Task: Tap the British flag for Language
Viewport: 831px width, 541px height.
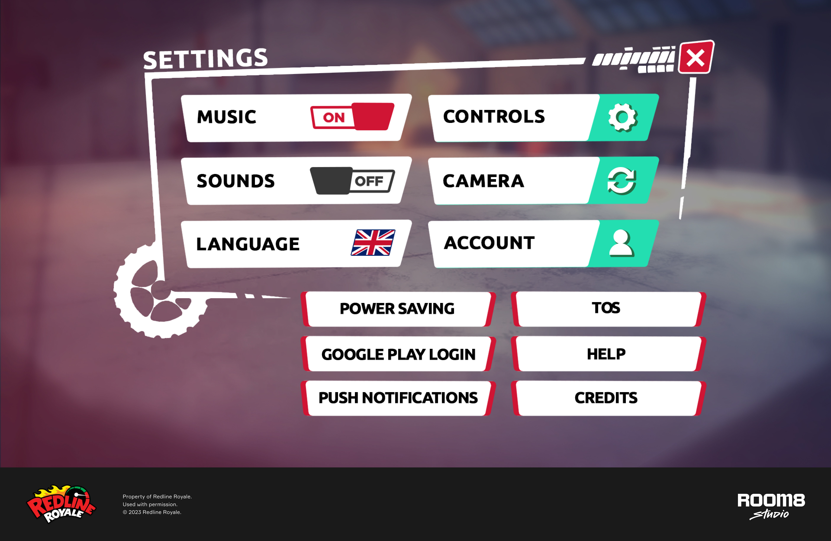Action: click(x=373, y=243)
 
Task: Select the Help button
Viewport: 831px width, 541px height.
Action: click(x=608, y=354)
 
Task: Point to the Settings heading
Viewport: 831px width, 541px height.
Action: click(x=206, y=58)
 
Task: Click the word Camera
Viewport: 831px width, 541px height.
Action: click(x=484, y=181)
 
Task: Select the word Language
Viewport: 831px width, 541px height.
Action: click(x=248, y=244)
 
